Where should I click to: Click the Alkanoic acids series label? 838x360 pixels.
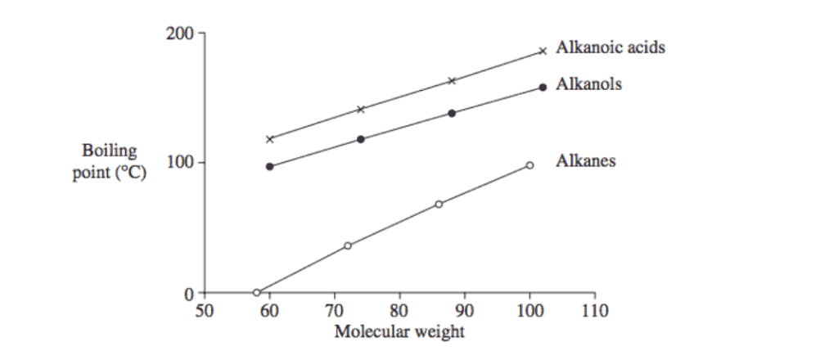(x=610, y=47)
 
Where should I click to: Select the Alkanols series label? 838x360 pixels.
(x=588, y=83)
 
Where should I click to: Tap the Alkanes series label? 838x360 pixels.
(x=586, y=160)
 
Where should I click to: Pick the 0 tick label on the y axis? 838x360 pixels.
(x=187, y=293)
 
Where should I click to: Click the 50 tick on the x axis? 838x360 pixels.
(x=205, y=311)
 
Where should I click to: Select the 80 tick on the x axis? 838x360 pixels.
(x=399, y=311)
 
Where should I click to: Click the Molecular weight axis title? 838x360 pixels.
(x=399, y=331)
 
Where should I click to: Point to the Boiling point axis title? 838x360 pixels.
(x=109, y=162)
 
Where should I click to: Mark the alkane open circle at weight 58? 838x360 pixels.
(x=256, y=292)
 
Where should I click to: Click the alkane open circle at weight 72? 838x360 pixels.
(x=348, y=245)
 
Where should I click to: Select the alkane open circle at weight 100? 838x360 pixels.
(x=529, y=165)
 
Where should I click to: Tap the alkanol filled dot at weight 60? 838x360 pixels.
(x=270, y=166)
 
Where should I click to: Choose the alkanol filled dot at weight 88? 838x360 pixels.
(x=452, y=113)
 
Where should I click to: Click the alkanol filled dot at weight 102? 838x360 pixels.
(x=543, y=87)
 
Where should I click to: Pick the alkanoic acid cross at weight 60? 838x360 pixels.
(x=270, y=139)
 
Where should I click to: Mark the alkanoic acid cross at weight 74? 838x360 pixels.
(x=361, y=109)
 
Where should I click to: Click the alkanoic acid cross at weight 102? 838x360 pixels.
(x=543, y=52)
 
